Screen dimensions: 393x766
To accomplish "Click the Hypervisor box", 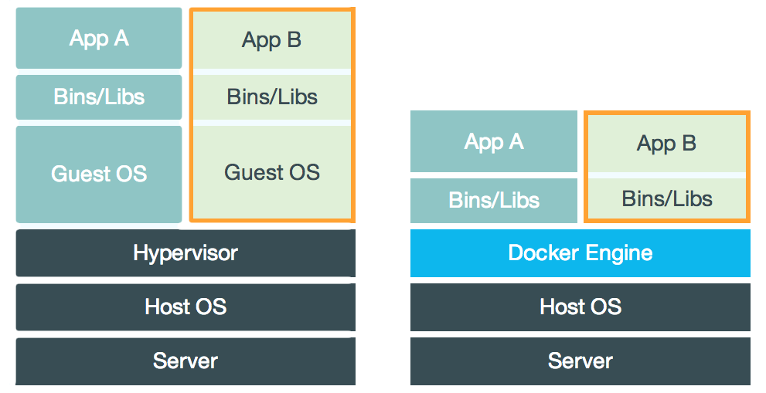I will [186, 252].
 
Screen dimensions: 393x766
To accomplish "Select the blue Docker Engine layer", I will [580, 252].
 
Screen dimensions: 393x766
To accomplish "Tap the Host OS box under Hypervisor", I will [186, 307].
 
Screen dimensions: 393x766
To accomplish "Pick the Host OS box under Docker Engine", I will [580, 307].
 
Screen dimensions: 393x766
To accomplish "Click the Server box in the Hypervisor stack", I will [186, 361].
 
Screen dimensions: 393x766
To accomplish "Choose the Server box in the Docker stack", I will [580, 361].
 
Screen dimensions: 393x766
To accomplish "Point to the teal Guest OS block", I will [99, 174].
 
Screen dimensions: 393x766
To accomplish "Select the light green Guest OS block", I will [271, 171].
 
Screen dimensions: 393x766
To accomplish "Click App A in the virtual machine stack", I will [99, 39].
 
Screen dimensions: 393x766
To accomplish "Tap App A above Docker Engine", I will [494, 141].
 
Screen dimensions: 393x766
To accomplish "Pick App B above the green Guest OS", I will [271, 40].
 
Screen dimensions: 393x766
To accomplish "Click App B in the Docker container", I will [666, 144].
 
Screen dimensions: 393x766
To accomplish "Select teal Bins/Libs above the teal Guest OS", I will [99, 97].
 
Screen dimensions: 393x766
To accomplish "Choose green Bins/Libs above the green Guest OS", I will [271, 97].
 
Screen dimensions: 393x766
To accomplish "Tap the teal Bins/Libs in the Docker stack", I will [494, 201].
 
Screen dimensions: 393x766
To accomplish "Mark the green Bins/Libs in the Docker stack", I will [666, 199].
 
